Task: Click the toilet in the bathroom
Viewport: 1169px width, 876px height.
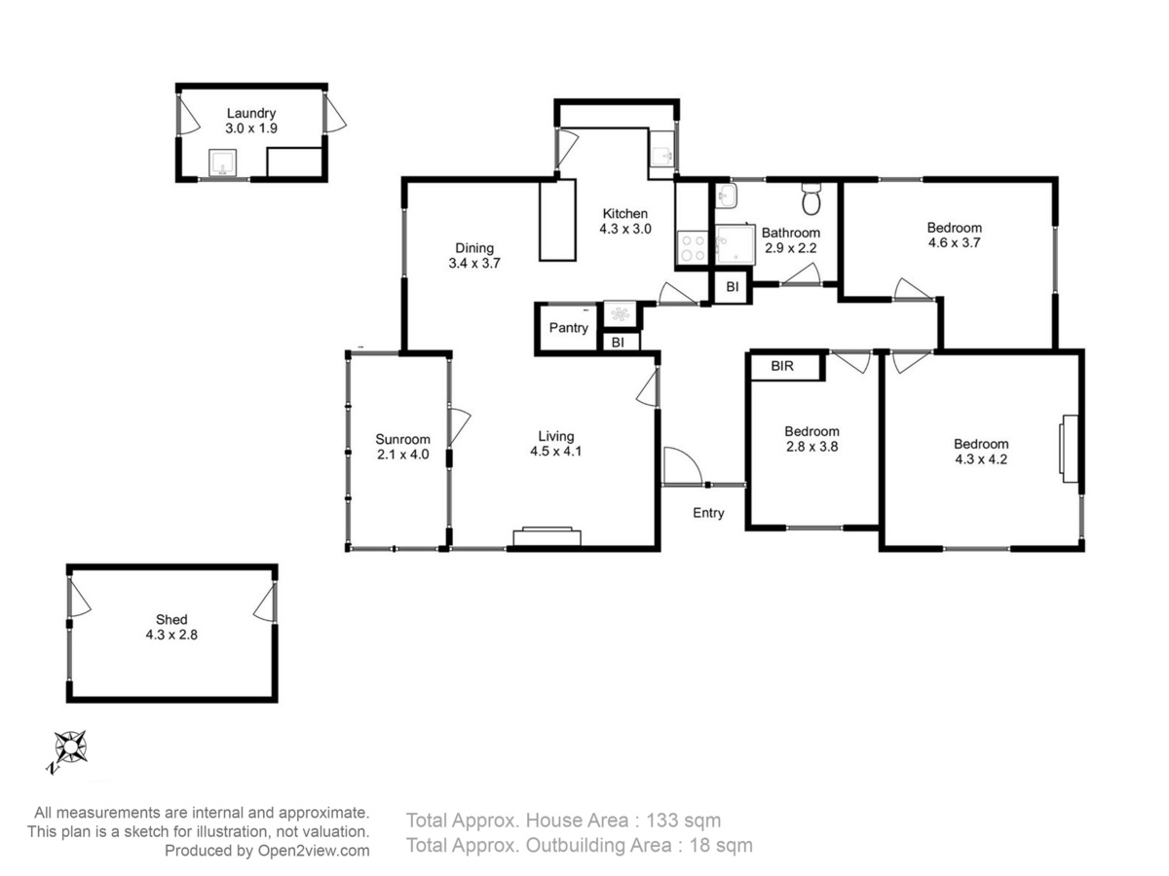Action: click(x=811, y=199)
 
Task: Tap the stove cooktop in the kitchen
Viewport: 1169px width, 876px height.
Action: click(x=692, y=248)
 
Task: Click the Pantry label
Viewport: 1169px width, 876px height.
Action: click(x=568, y=328)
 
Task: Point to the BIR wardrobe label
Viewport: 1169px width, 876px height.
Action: click(x=782, y=366)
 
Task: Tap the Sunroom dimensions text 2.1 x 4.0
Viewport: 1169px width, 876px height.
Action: click(x=402, y=455)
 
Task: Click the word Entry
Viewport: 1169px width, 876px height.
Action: click(x=708, y=513)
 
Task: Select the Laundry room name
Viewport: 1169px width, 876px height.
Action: click(x=250, y=113)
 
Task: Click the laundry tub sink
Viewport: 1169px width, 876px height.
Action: click(x=223, y=163)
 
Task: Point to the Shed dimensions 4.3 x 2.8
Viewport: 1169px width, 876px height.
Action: click(x=171, y=635)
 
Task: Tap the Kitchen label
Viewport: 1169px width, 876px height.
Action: click(x=624, y=214)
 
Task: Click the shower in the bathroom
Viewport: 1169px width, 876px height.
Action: click(x=735, y=244)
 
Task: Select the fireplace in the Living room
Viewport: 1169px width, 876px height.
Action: click(x=547, y=536)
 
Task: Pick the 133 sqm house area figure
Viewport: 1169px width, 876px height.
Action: click(x=683, y=821)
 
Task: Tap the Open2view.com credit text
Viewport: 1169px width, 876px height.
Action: click(x=314, y=851)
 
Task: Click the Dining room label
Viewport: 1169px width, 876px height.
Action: click(x=474, y=248)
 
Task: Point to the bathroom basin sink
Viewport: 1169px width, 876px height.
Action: click(x=726, y=197)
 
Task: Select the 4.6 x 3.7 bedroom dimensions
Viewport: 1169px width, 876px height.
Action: click(x=954, y=242)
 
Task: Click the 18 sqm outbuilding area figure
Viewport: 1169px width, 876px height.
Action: click(x=721, y=845)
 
